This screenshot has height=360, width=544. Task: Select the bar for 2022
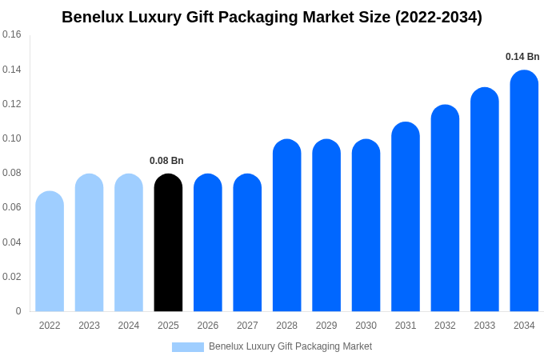pyautogui.click(x=50, y=251)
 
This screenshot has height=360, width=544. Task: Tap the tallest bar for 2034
pyautogui.click(x=524, y=191)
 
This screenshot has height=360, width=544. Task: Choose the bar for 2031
pyautogui.click(x=406, y=217)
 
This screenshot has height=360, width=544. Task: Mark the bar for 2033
pyautogui.click(x=485, y=199)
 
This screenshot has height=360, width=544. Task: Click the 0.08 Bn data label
pyautogui.click(x=166, y=161)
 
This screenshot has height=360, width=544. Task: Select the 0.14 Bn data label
pyautogui.click(x=522, y=57)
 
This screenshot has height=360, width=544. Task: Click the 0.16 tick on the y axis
pyautogui.click(x=12, y=34)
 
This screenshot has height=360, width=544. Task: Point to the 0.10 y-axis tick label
pyautogui.click(x=12, y=138)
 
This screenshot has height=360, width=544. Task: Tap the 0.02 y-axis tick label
pyautogui.click(x=12, y=277)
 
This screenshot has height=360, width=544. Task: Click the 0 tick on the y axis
pyautogui.click(x=18, y=311)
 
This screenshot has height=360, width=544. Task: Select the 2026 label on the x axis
pyautogui.click(x=208, y=326)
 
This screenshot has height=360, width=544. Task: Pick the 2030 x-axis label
pyautogui.click(x=366, y=326)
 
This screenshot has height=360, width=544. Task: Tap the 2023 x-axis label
pyautogui.click(x=89, y=326)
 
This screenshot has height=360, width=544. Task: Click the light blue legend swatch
pyautogui.click(x=188, y=347)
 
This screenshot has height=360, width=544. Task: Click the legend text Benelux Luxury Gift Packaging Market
pyautogui.click(x=290, y=346)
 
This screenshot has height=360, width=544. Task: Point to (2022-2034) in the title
pyautogui.click(x=438, y=17)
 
